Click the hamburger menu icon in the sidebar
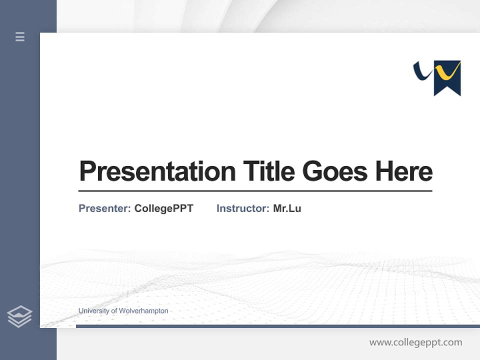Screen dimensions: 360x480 (x=20, y=36)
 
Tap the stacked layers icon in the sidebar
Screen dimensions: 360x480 (x=19, y=316)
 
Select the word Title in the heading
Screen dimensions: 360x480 (x=268, y=171)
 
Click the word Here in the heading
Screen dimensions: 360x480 (x=404, y=171)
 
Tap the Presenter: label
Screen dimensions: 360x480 (x=104, y=208)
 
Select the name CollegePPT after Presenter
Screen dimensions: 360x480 (x=163, y=208)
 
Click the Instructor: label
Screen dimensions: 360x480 (x=242, y=208)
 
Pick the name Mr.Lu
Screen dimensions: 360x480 (x=287, y=208)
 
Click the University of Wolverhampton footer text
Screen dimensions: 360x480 (x=123, y=311)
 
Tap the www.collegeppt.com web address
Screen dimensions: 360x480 (x=415, y=342)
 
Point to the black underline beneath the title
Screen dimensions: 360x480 (x=255, y=190)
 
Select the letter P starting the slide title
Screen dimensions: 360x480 (x=88, y=171)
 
